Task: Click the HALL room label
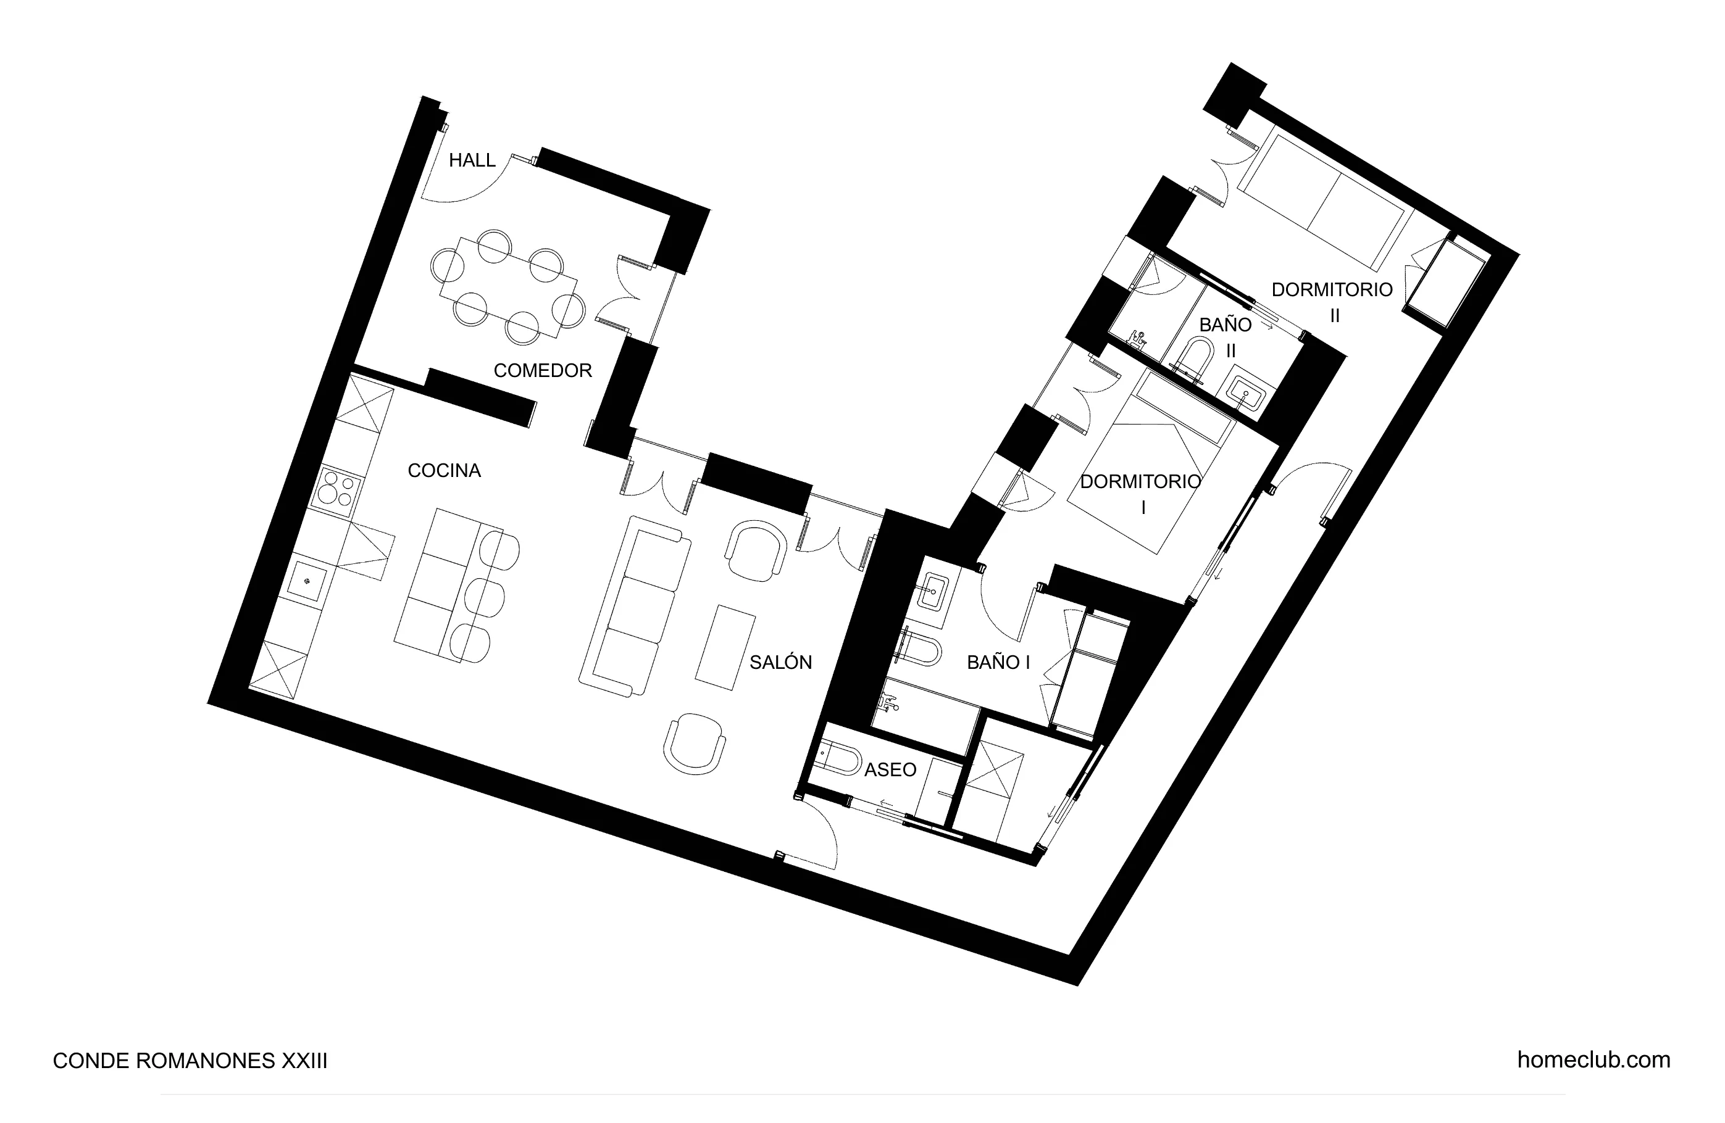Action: pyautogui.click(x=472, y=160)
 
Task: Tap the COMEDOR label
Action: pyautogui.click(x=542, y=370)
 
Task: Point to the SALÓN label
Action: pyautogui.click(x=780, y=662)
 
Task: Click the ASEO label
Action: pyautogui.click(x=890, y=769)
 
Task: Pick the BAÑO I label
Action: pyautogui.click(x=998, y=662)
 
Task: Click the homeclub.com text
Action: pyautogui.click(x=1593, y=1060)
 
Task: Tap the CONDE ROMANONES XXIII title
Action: pyautogui.click(x=190, y=1061)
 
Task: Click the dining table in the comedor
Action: pyautogui.click(x=508, y=287)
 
